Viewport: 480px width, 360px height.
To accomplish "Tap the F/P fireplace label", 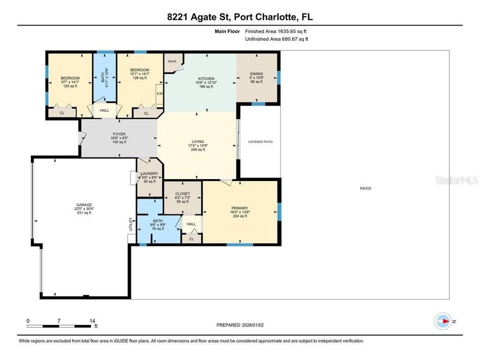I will [x=159, y=93].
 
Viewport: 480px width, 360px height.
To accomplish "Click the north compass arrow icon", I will [x=443, y=321].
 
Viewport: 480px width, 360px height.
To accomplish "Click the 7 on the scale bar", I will [x=59, y=320].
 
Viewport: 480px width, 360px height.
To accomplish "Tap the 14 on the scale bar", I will [x=91, y=320].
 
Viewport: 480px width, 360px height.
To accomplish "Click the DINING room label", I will [x=256, y=74].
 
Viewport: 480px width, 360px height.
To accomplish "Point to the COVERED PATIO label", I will [x=260, y=142].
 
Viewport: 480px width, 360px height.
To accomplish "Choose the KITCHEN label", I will [x=206, y=78].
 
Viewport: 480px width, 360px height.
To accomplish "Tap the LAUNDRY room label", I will [x=149, y=173].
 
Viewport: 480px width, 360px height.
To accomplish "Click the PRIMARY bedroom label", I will [x=240, y=208].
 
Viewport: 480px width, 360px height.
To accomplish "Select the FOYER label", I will [x=118, y=134].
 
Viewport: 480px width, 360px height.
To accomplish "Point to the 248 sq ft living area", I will [x=198, y=149].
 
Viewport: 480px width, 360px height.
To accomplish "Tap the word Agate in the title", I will [x=198, y=17].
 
